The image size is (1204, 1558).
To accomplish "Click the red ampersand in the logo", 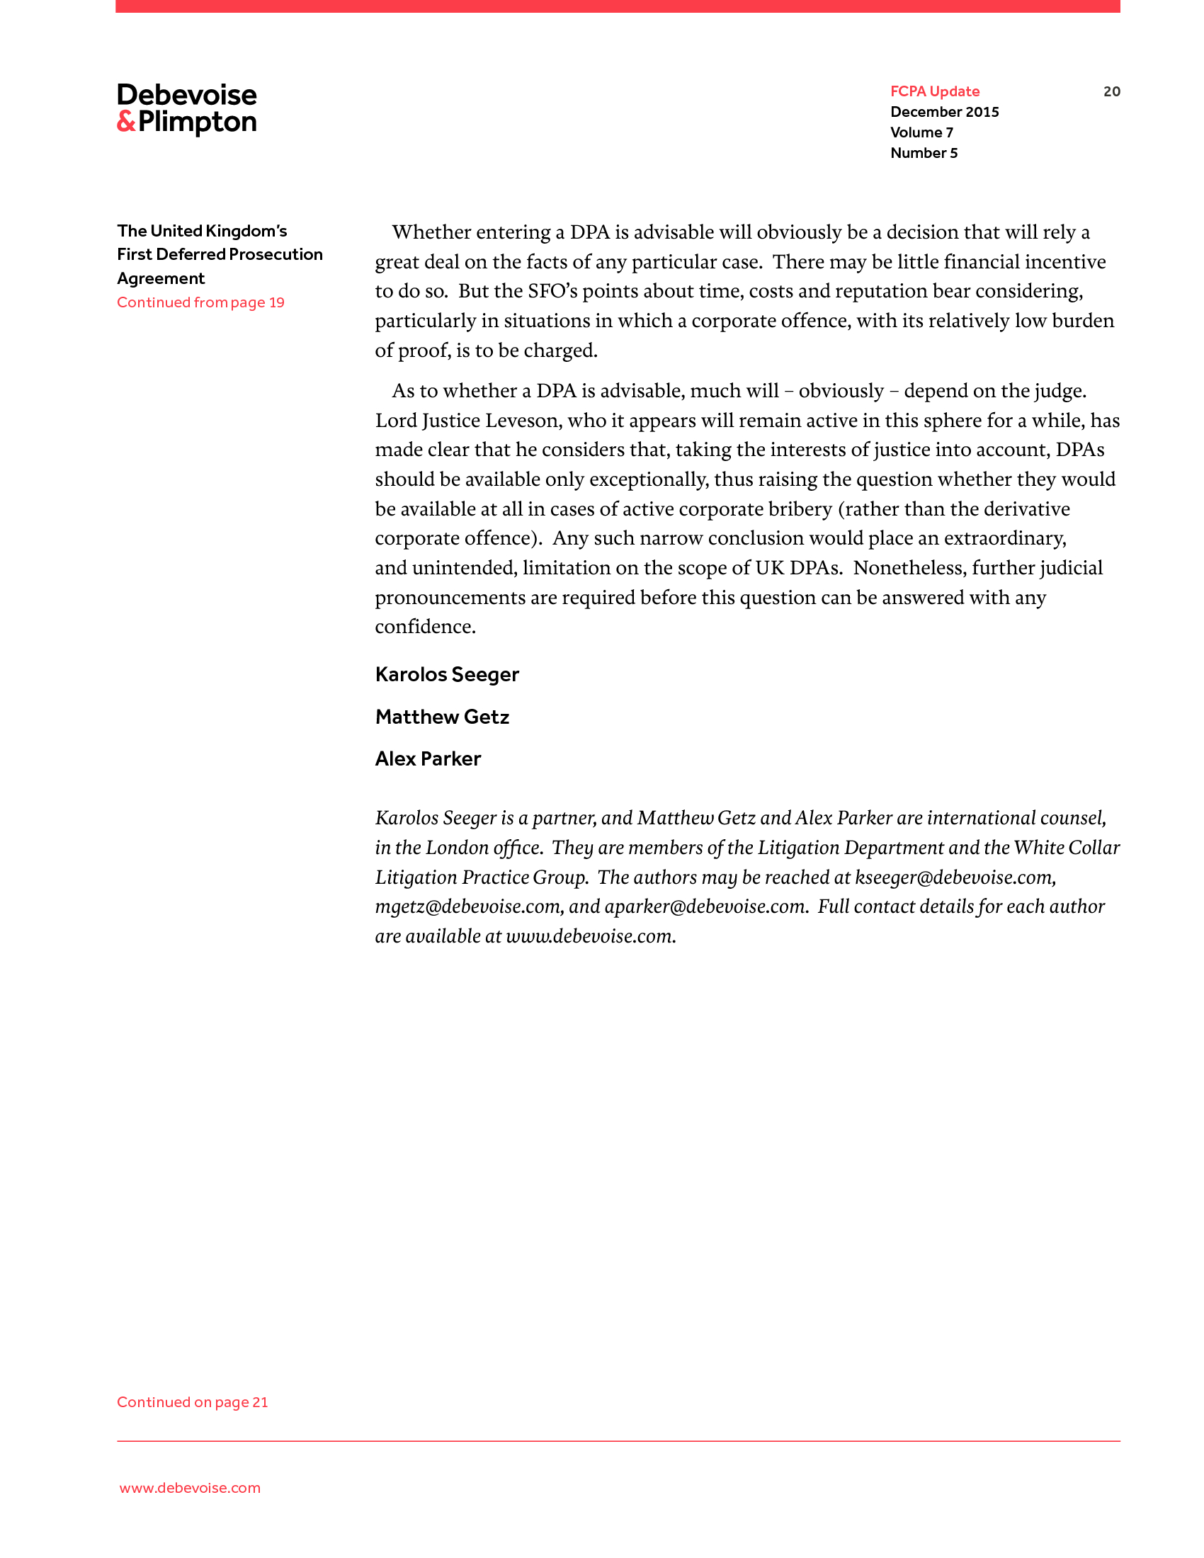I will point(126,122).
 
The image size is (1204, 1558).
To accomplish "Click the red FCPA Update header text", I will point(934,91).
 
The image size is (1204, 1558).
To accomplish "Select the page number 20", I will point(1111,91).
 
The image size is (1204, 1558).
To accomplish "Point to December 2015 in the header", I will point(944,112).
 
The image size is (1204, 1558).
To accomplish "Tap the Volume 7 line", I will point(921,132).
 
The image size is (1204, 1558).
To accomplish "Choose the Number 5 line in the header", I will point(924,154).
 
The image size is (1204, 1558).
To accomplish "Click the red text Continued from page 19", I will point(200,302).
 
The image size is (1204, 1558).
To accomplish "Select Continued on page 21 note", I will point(193,1401).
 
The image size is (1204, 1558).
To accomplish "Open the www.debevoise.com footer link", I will point(190,1487).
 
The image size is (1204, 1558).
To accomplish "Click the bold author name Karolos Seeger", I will point(447,674).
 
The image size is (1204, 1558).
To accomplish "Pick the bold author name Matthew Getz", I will point(442,717).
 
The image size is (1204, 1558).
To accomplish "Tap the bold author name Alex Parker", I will point(428,758).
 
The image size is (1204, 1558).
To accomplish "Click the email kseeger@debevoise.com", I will point(955,877).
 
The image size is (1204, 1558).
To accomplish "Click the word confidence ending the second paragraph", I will point(424,626).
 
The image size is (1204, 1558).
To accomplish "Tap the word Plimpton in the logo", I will point(198,123).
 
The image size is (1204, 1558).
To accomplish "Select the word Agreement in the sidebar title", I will point(161,278).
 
